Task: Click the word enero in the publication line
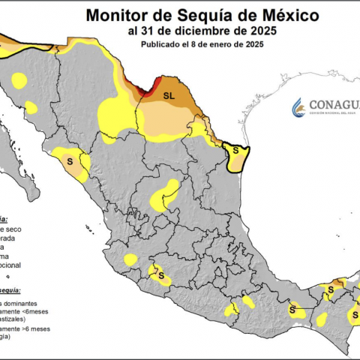(230, 44)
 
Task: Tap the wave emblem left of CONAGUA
(298, 106)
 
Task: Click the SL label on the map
(169, 96)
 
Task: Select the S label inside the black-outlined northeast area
(236, 150)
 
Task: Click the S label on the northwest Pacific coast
(71, 160)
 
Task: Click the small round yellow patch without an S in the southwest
(130, 260)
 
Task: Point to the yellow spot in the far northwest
(19, 79)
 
